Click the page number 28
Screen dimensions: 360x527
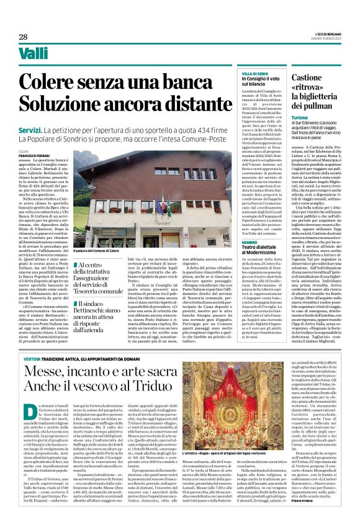(23, 37)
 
